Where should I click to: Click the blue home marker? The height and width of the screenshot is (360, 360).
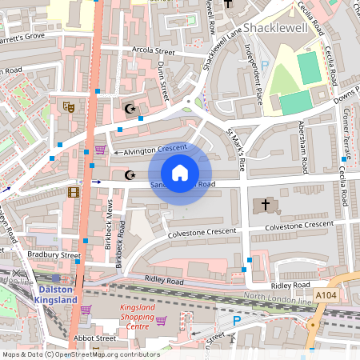(x=180, y=173)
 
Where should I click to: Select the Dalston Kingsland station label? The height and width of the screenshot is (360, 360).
(x=55, y=294)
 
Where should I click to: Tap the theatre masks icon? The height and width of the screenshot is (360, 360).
(x=68, y=106)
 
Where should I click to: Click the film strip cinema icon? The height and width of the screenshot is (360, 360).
(x=74, y=191)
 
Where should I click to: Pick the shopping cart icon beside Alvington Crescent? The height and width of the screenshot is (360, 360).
(x=100, y=150)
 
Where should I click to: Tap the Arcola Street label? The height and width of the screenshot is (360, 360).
(x=154, y=58)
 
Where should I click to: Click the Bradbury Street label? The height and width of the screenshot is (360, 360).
(x=54, y=254)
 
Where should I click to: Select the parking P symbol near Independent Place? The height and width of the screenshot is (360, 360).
(x=264, y=64)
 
